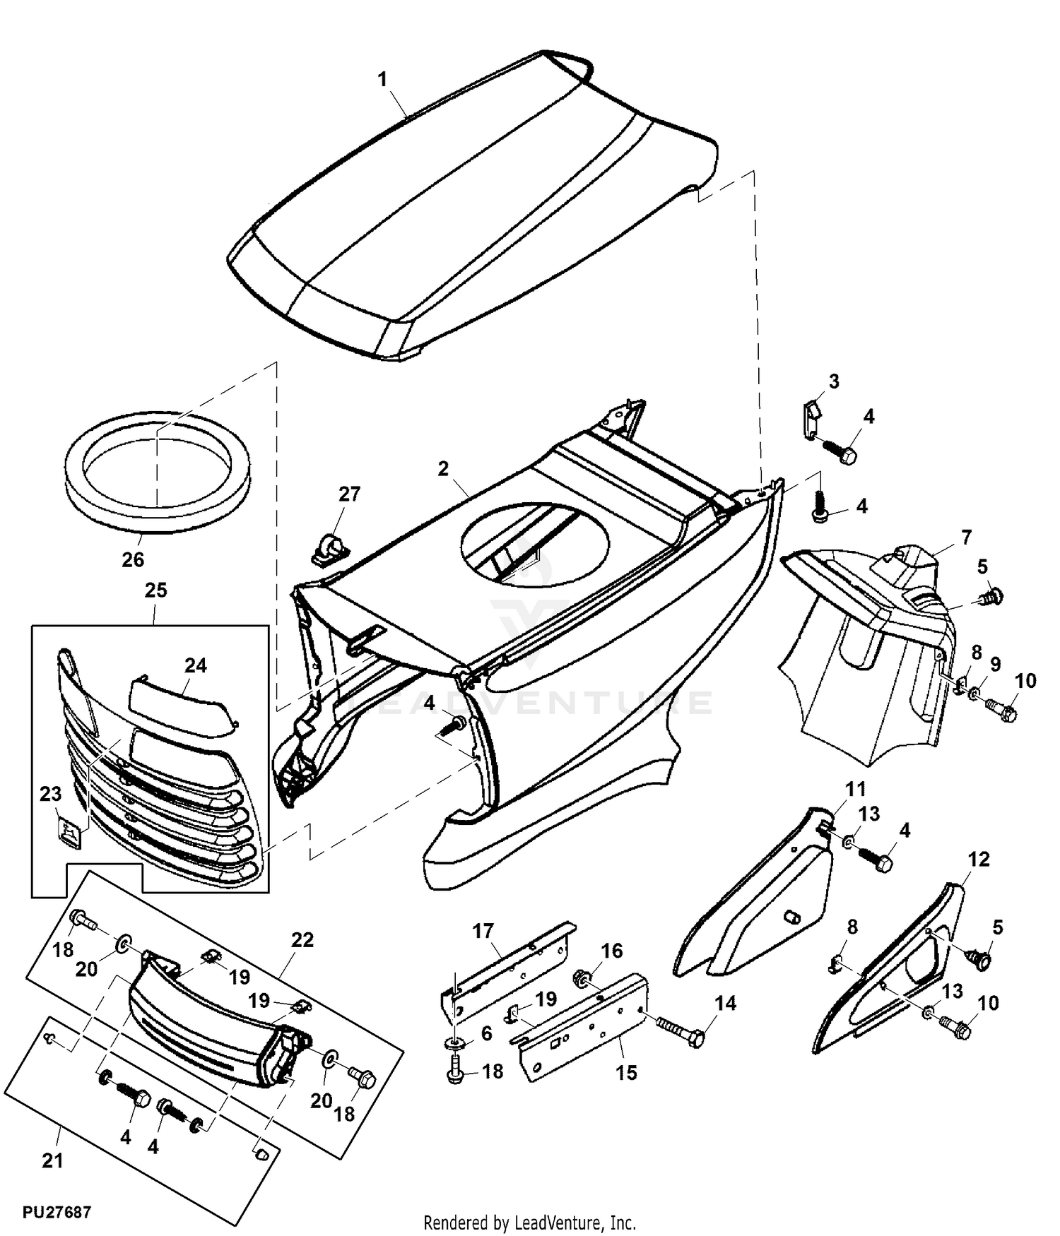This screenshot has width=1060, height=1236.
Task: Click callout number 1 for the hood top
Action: (x=383, y=80)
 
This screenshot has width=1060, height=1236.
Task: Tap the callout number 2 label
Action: (x=443, y=469)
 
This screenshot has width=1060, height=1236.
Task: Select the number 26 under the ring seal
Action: (x=133, y=560)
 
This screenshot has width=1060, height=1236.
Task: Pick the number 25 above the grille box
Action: (x=156, y=590)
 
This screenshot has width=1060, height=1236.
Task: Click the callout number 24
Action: (x=196, y=665)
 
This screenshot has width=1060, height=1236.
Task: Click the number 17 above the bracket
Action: (x=483, y=931)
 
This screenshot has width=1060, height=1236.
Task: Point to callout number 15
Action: (x=626, y=1073)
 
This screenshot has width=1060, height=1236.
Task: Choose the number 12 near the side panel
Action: (x=979, y=860)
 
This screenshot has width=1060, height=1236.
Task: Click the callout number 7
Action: (x=966, y=537)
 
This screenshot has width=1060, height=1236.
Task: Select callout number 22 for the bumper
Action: (x=302, y=940)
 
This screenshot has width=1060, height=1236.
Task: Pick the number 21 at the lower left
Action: (x=53, y=1161)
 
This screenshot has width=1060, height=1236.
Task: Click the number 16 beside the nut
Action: (x=612, y=951)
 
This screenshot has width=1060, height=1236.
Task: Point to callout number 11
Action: (x=856, y=789)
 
